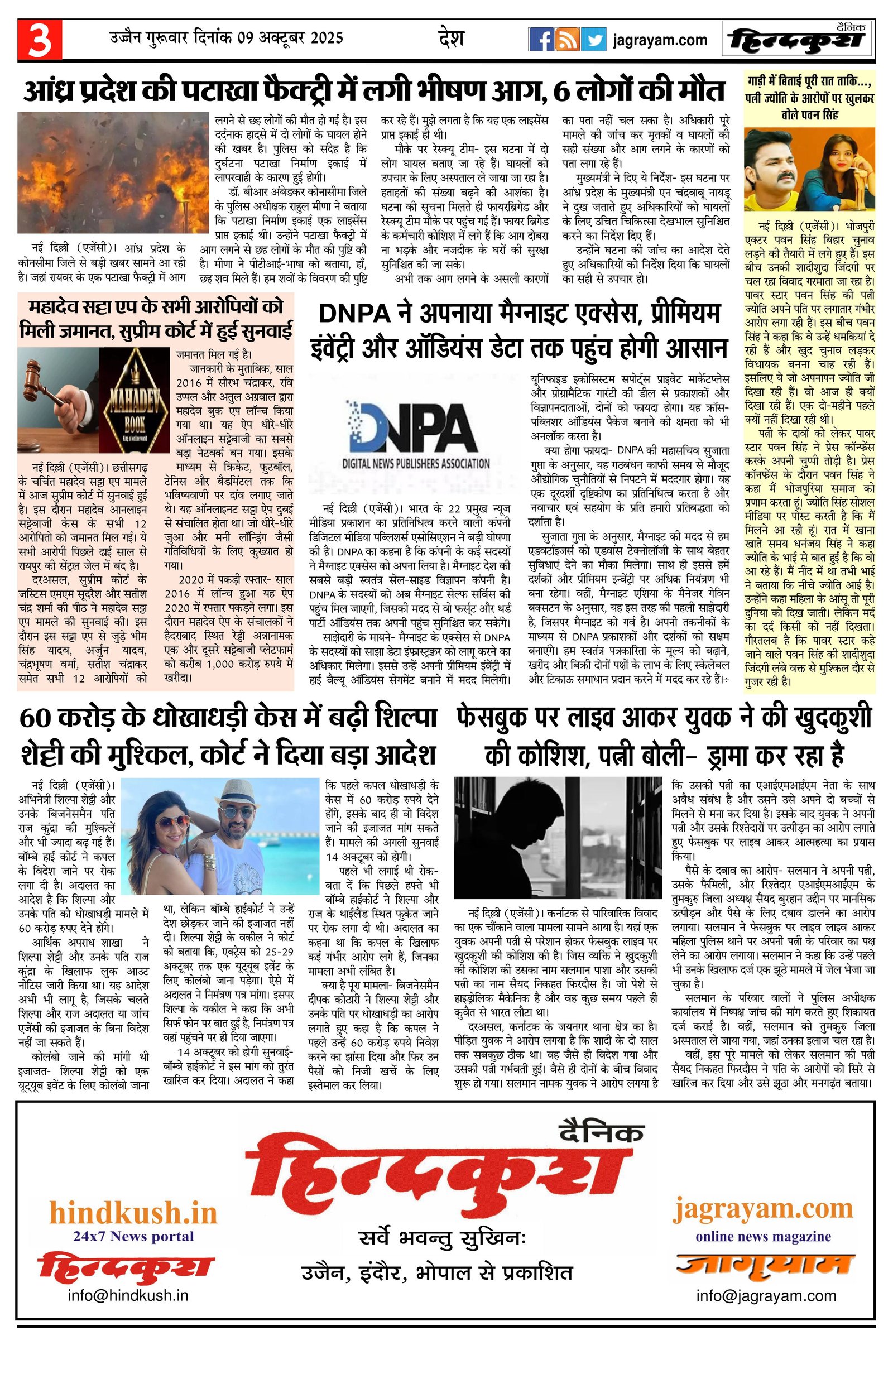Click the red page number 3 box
click(40, 39)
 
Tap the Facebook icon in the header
click(541, 40)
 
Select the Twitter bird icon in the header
click(593, 40)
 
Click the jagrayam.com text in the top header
click(660, 40)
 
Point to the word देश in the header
click(451, 38)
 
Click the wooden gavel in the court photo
click(49, 386)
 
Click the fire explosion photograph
click(113, 172)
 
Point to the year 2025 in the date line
click(327, 38)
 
